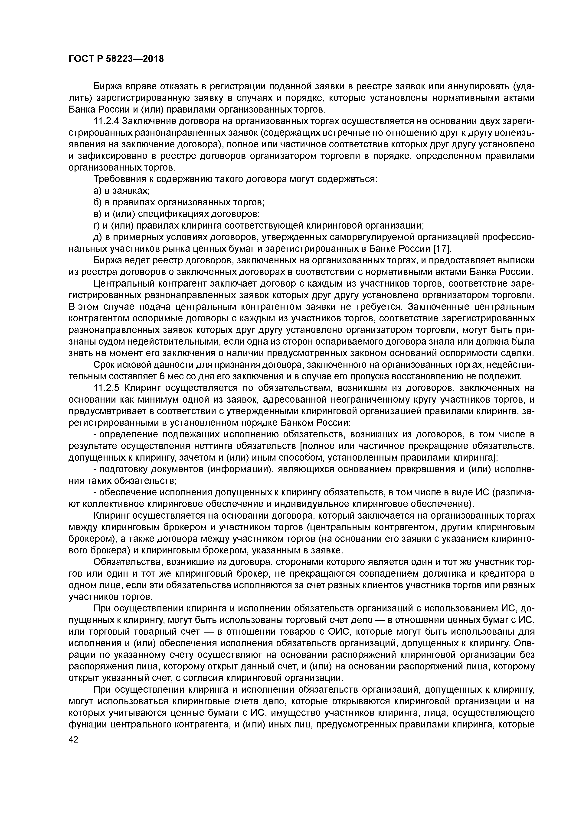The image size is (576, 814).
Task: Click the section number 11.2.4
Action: point(105,121)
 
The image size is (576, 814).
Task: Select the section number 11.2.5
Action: point(105,388)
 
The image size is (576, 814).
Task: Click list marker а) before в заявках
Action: point(97,191)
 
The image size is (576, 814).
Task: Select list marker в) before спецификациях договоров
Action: point(97,214)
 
